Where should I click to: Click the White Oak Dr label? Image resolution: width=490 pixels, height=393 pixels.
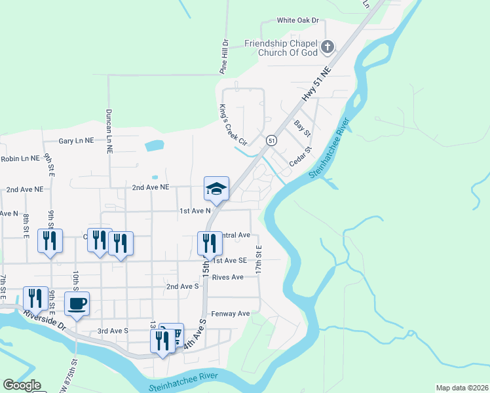tap(297, 20)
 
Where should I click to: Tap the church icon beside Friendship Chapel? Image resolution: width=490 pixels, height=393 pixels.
tap(327, 47)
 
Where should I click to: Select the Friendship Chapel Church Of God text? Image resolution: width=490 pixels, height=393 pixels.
tap(281, 48)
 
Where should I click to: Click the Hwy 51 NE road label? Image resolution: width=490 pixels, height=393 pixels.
tap(318, 83)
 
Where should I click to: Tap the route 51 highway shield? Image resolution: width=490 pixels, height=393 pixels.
tap(271, 141)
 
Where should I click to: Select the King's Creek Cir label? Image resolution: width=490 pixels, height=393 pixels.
tap(233, 124)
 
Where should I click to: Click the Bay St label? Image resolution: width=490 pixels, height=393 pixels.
tap(302, 127)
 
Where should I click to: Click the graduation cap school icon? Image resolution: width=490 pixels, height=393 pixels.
tap(216, 189)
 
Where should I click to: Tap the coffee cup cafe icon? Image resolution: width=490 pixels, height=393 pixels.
tap(77, 304)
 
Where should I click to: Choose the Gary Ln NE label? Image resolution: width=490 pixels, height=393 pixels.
tap(76, 141)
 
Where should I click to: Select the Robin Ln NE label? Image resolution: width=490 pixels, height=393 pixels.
tap(21, 159)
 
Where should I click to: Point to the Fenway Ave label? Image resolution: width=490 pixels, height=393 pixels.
tap(235, 314)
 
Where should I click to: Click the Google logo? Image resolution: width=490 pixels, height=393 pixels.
tap(22, 385)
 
